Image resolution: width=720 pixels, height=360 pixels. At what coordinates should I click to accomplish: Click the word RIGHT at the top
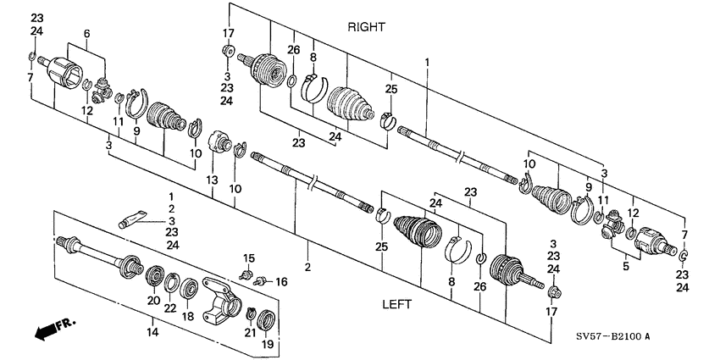(366, 27)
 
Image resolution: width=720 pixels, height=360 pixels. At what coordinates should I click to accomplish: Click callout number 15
(249, 258)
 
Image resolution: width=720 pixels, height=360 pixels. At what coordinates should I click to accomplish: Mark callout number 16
(282, 281)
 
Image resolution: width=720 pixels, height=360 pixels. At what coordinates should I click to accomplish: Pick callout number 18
(188, 315)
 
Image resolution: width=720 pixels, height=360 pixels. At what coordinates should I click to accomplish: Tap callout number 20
(153, 300)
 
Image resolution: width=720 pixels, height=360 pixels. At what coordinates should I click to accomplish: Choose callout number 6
(86, 32)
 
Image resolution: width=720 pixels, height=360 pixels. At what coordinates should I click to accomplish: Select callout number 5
(625, 266)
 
